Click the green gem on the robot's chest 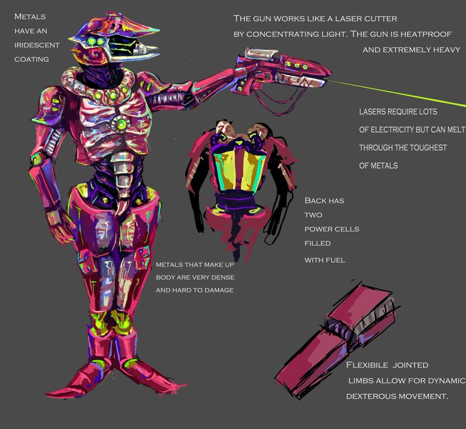pyautogui.click(x=121, y=124)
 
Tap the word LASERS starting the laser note pyautogui.click(x=374, y=112)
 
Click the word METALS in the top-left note pyautogui.click(x=29, y=16)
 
